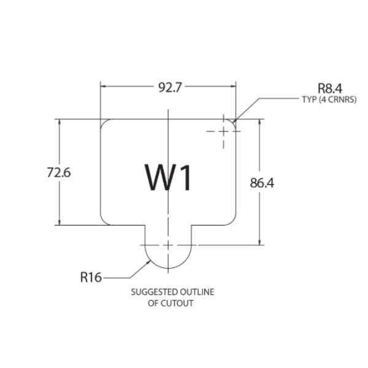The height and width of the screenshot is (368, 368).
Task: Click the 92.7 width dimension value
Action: (x=170, y=88)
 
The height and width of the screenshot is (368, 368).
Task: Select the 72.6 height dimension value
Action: (x=59, y=172)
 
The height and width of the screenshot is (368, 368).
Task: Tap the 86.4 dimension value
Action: (x=262, y=183)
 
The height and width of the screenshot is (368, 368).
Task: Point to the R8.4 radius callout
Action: (x=330, y=88)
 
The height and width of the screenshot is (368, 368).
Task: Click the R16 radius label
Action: (x=91, y=277)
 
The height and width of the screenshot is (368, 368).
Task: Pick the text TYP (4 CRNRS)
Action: (x=329, y=99)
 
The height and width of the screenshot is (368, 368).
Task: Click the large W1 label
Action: (x=168, y=177)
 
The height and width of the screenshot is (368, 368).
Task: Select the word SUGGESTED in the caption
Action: (x=151, y=292)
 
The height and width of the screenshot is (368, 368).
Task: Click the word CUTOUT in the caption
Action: (x=178, y=303)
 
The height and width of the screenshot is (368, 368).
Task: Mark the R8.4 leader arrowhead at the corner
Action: (x=234, y=122)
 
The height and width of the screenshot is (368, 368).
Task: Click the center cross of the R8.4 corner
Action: (x=223, y=131)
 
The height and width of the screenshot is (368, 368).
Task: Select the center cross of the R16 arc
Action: (x=168, y=245)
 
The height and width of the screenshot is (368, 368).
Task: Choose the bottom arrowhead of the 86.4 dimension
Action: (x=259, y=242)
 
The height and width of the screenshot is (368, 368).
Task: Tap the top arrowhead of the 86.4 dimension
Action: (x=259, y=122)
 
